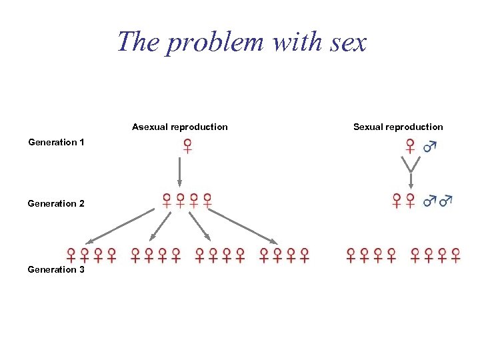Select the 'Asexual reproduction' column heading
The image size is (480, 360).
tap(179, 127)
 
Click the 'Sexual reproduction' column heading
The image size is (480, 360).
tap(398, 127)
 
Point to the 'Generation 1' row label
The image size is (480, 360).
tap(56, 142)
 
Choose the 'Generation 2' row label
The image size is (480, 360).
tap(56, 203)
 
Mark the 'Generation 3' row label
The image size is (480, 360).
tap(56, 269)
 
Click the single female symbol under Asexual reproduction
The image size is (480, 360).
tap(188, 146)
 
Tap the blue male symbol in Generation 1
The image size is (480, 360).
tap(430, 145)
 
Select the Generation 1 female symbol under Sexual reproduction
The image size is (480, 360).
tap(411, 146)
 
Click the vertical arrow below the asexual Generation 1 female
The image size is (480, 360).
tap(179, 171)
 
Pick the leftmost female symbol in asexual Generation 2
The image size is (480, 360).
tap(167, 200)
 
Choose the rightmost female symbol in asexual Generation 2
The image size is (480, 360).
tap(207, 200)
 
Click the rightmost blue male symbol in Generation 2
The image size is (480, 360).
tap(446, 199)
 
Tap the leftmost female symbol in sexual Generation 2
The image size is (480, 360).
tap(397, 200)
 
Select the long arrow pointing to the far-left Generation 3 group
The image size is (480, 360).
tap(120, 225)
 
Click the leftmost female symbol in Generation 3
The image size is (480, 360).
tap(71, 255)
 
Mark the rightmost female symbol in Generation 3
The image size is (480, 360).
tap(456, 255)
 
